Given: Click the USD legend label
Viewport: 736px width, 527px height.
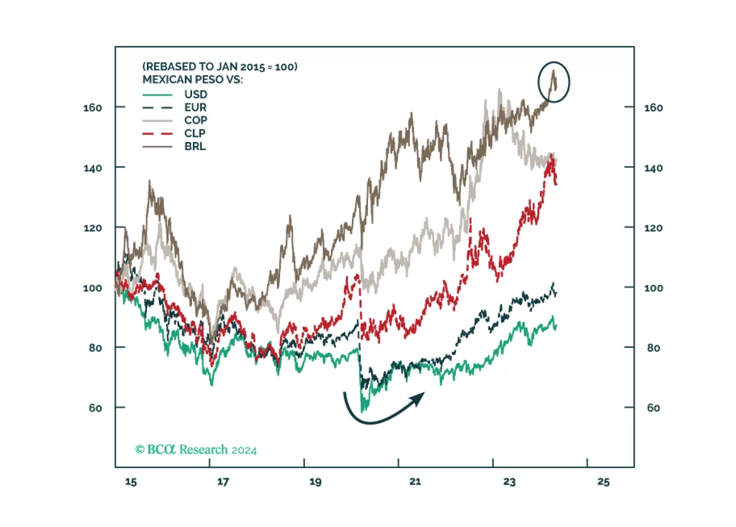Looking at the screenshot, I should (196, 94).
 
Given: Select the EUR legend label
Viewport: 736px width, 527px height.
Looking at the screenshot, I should (195, 107).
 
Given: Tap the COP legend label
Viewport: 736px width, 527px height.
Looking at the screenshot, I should (196, 120).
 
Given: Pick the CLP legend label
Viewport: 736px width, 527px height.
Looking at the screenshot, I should (195, 133).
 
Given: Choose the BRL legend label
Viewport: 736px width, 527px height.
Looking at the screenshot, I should (195, 146).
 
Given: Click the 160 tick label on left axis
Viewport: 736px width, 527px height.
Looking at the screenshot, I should (93, 108).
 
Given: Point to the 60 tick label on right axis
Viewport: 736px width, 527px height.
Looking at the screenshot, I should (653, 408).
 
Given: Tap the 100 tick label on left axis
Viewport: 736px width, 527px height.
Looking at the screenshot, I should (93, 288).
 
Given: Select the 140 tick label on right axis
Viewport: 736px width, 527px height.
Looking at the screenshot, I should (653, 168).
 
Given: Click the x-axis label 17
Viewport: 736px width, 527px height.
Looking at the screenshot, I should (223, 482).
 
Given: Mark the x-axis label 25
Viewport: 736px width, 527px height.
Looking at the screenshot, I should (603, 482).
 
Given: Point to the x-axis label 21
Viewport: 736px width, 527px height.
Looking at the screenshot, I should (415, 481).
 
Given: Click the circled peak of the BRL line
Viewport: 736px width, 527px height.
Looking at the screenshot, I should (553, 71).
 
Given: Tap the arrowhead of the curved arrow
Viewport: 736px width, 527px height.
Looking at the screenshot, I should (419, 398).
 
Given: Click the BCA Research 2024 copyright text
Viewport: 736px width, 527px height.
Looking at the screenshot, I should (196, 450).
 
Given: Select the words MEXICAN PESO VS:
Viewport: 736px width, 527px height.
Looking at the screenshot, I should (193, 80).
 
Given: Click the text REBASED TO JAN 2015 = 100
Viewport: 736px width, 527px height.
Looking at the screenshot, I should (220, 67).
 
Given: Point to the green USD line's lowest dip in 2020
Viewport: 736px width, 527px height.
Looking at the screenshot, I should (362, 410).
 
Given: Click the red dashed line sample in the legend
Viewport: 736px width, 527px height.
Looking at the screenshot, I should (157, 134).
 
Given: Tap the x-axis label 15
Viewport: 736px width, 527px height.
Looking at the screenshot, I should (131, 482).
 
